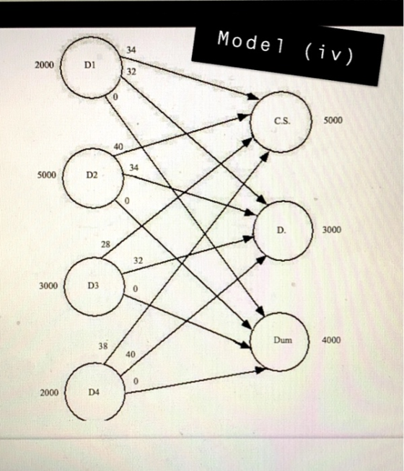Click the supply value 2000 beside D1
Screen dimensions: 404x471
(45, 65)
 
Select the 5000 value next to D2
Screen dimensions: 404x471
(47, 175)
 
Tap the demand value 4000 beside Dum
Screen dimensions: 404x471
(331, 340)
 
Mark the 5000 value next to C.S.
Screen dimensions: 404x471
(333, 120)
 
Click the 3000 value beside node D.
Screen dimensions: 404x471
(332, 230)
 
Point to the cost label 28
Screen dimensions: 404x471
(105, 245)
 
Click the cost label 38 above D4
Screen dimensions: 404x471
(103, 346)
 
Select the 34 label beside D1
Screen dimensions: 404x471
(131, 50)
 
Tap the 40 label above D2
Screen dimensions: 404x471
(118, 146)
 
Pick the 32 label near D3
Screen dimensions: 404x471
(138, 260)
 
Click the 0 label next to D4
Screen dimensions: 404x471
(136, 381)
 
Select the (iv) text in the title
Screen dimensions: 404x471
(328, 54)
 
